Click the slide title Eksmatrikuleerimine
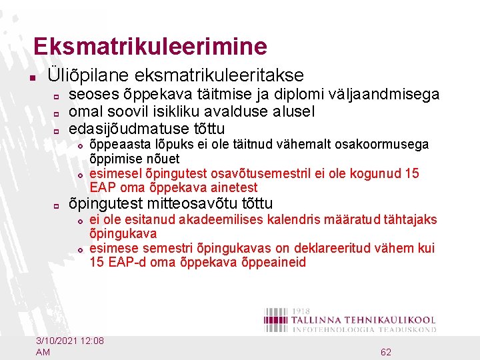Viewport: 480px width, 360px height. coord(150,46)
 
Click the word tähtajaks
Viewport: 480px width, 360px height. coord(408,219)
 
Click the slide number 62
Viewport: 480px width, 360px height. coord(385,351)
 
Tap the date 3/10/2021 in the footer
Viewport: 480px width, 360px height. coord(57,341)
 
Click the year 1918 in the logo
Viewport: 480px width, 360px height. coord(303,311)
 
